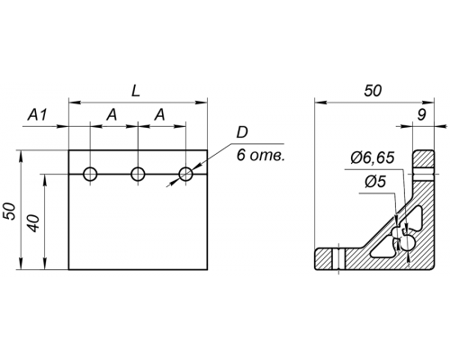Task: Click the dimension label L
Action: click(x=136, y=91)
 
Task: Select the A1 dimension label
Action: click(x=38, y=115)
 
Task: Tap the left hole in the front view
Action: click(x=90, y=174)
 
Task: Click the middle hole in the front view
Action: click(x=138, y=174)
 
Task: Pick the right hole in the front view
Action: click(x=185, y=174)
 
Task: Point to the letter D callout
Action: click(x=242, y=132)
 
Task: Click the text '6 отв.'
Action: click(x=260, y=156)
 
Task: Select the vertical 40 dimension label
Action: click(x=34, y=223)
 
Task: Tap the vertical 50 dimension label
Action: click(x=9, y=211)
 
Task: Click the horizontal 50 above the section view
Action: click(x=373, y=91)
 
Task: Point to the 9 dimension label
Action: click(x=422, y=115)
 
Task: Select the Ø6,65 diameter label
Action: click(x=372, y=157)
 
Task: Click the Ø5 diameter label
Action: click(x=375, y=182)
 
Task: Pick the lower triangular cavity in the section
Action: click(x=382, y=250)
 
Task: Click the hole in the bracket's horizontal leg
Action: click(x=339, y=259)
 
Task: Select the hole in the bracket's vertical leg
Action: click(x=423, y=174)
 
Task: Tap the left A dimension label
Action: click(x=112, y=115)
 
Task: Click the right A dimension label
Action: click(x=159, y=115)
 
